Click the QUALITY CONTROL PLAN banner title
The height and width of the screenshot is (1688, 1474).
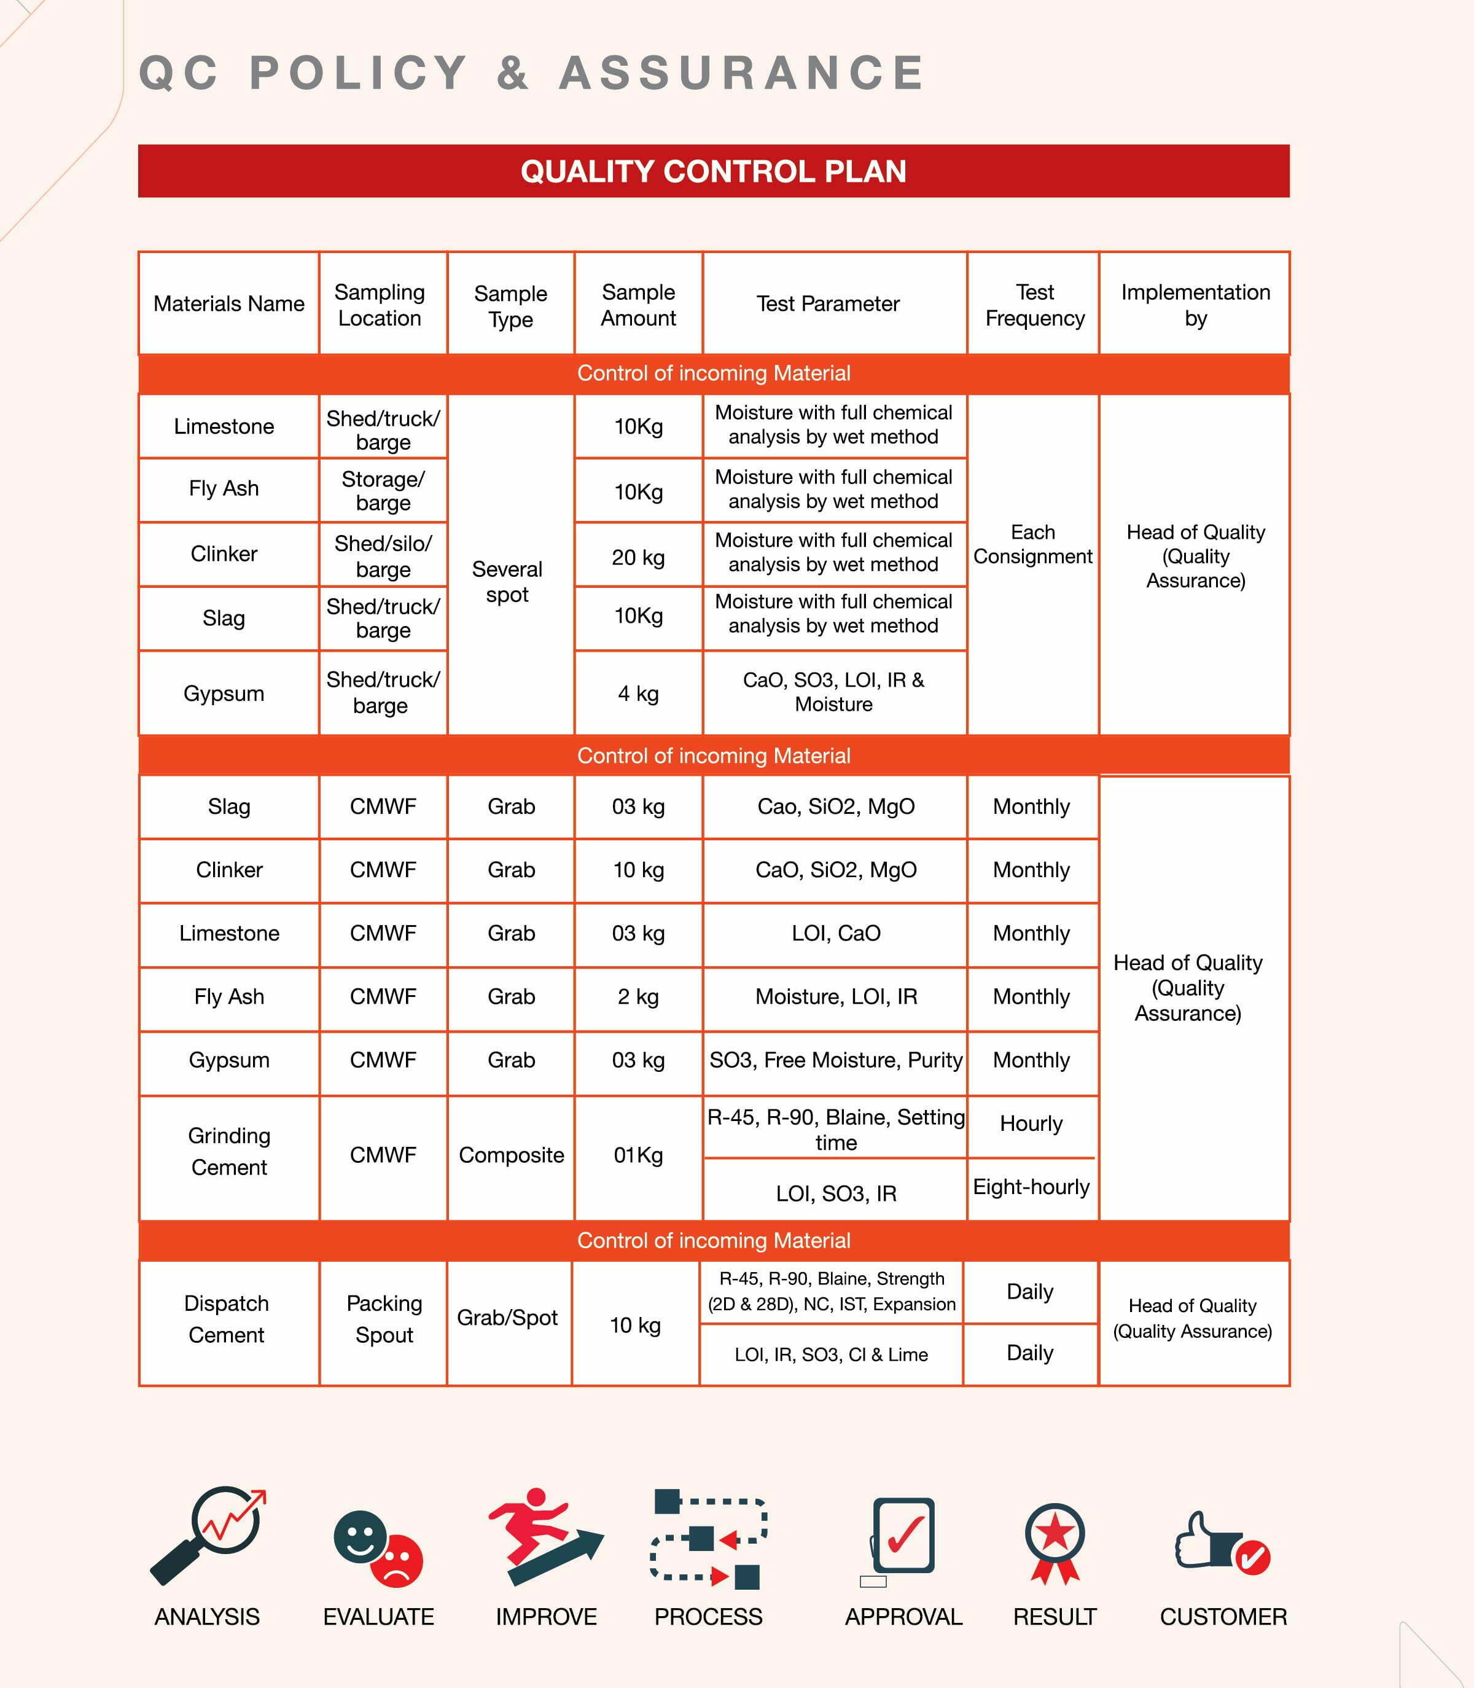click(x=713, y=171)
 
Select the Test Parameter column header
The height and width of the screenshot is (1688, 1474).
click(x=827, y=303)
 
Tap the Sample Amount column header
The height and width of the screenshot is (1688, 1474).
click(x=638, y=304)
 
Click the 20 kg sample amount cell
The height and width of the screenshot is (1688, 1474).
click(x=638, y=557)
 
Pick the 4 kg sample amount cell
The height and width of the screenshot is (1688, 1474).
click(x=638, y=694)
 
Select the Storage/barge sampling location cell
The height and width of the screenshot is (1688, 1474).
click(x=383, y=490)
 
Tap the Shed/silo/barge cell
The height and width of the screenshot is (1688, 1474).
click(x=383, y=556)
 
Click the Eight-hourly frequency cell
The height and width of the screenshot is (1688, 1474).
click(x=1031, y=1186)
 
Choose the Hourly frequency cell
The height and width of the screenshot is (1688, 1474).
click(x=1031, y=1123)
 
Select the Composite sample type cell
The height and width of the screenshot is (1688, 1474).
click(x=511, y=1155)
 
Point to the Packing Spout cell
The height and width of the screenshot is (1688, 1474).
click(x=384, y=1319)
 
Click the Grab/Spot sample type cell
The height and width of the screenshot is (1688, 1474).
click(x=507, y=1317)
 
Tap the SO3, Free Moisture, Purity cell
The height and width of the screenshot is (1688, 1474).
click(x=835, y=1060)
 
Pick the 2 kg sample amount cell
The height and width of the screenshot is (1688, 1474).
click(x=638, y=996)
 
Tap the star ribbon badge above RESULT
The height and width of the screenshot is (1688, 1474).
click(x=1055, y=1541)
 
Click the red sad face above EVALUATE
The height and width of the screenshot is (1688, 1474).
click(x=397, y=1560)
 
